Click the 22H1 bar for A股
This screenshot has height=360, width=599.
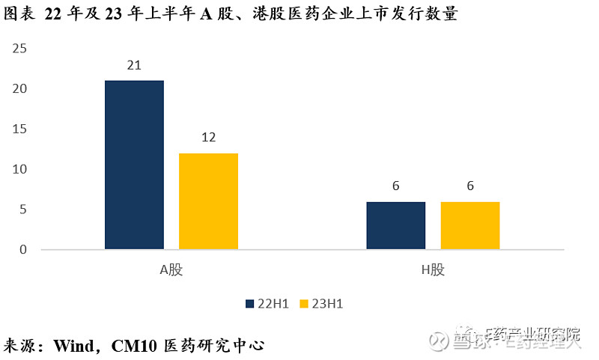[x=134, y=165]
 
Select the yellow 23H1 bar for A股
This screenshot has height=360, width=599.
[x=208, y=201]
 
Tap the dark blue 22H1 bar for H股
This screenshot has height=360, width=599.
[x=396, y=225]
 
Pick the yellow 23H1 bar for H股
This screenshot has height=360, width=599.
[x=470, y=225]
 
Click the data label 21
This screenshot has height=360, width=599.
[x=134, y=65]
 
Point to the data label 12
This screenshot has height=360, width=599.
[x=208, y=138]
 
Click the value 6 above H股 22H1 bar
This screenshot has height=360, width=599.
[x=396, y=186]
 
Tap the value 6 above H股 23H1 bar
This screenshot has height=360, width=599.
[x=470, y=186]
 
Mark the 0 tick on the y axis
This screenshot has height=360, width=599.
[x=23, y=250]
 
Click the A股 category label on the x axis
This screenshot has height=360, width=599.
[x=171, y=270]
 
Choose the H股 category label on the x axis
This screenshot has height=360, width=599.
[x=433, y=270]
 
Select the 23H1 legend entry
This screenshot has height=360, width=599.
[x=323, y=304]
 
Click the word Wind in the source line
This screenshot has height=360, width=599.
[x=73, y=346]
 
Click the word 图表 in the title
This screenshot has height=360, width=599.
[x=18, y=13]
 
